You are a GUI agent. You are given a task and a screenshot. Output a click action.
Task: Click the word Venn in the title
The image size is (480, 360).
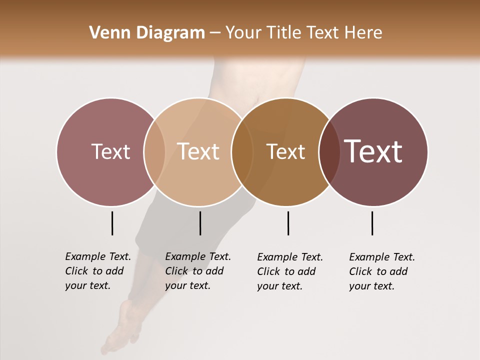click(105, 33)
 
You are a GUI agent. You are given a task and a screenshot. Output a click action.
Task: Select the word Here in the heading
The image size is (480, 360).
click(363, 33)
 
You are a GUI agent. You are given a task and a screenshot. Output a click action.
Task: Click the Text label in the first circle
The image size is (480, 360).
click(110, 151)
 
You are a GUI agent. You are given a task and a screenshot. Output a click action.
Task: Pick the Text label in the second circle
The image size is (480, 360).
click(198, 151)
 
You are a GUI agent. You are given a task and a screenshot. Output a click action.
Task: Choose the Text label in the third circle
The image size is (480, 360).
click(285, 151)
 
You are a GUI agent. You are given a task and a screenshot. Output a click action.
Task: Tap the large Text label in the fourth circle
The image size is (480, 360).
click(373, 151)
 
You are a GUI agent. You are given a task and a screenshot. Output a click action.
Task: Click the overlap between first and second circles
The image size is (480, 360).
click(154, 151)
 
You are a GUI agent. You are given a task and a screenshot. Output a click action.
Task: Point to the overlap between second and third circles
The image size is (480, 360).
click(242, 151)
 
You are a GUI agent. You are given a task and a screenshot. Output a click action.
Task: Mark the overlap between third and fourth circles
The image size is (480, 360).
click(329, 151)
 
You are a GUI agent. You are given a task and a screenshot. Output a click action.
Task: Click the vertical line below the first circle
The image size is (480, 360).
click(112, 223)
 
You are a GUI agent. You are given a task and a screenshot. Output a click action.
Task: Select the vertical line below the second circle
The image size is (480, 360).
click(200, 223)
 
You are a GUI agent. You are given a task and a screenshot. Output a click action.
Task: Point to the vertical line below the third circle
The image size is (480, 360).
click(288, 223)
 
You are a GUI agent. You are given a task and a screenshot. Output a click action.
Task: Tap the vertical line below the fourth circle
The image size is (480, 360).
click(372, 223)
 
